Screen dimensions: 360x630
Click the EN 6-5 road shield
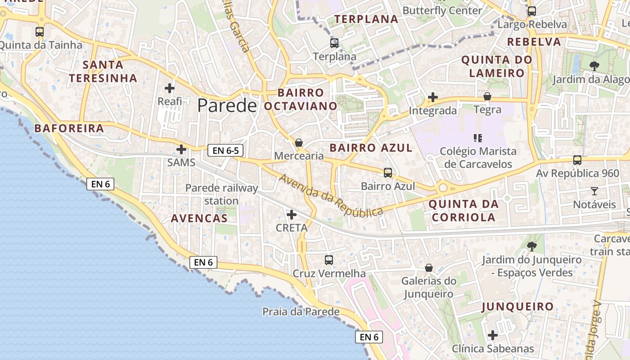tap(225, 151)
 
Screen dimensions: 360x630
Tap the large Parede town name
tap(227, 105)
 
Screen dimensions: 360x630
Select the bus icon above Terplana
tap(334, 43)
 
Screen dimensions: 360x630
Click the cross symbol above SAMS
tap(181, 149)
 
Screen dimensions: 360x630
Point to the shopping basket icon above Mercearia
tap(298, 143)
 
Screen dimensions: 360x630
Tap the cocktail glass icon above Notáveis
tap(594, 191)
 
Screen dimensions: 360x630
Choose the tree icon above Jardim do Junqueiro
tap(531, 246)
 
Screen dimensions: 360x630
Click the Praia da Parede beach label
tap(301, 311)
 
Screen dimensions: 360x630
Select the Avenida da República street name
tap(331, 195)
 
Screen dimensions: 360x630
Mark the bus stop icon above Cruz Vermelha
tap(329, 260)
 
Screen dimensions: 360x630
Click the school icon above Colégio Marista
tap(478, 138)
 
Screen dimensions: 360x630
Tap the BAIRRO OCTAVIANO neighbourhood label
tap(301, 99)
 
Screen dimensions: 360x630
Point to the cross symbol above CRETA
tap(292, 215)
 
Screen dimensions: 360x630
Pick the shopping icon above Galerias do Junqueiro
tap(428, 268)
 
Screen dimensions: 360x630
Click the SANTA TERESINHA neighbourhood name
tap(103, 72)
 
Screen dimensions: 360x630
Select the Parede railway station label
tap(222, 194)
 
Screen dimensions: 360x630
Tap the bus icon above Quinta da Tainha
tap(40, 32)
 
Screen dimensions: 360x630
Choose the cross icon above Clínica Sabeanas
tap(493, 335)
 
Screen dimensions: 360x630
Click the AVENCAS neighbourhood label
tap(199, 219)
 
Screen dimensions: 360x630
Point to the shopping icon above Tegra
tap(487, 96)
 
